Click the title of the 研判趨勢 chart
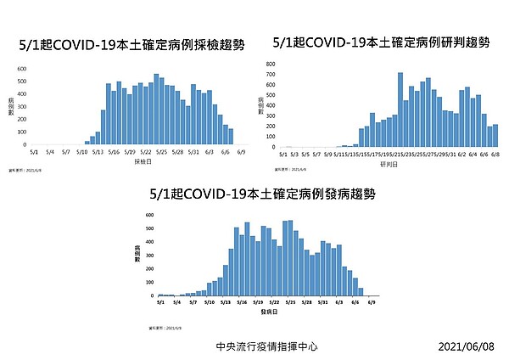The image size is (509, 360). point(382,41)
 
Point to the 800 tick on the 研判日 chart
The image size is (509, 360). point(270,65)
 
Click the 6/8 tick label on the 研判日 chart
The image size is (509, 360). point(494,155)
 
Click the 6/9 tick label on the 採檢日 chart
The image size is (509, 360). point(242,153)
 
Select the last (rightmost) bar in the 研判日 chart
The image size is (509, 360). point(495,136)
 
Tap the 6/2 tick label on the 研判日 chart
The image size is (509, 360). point(461,155)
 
